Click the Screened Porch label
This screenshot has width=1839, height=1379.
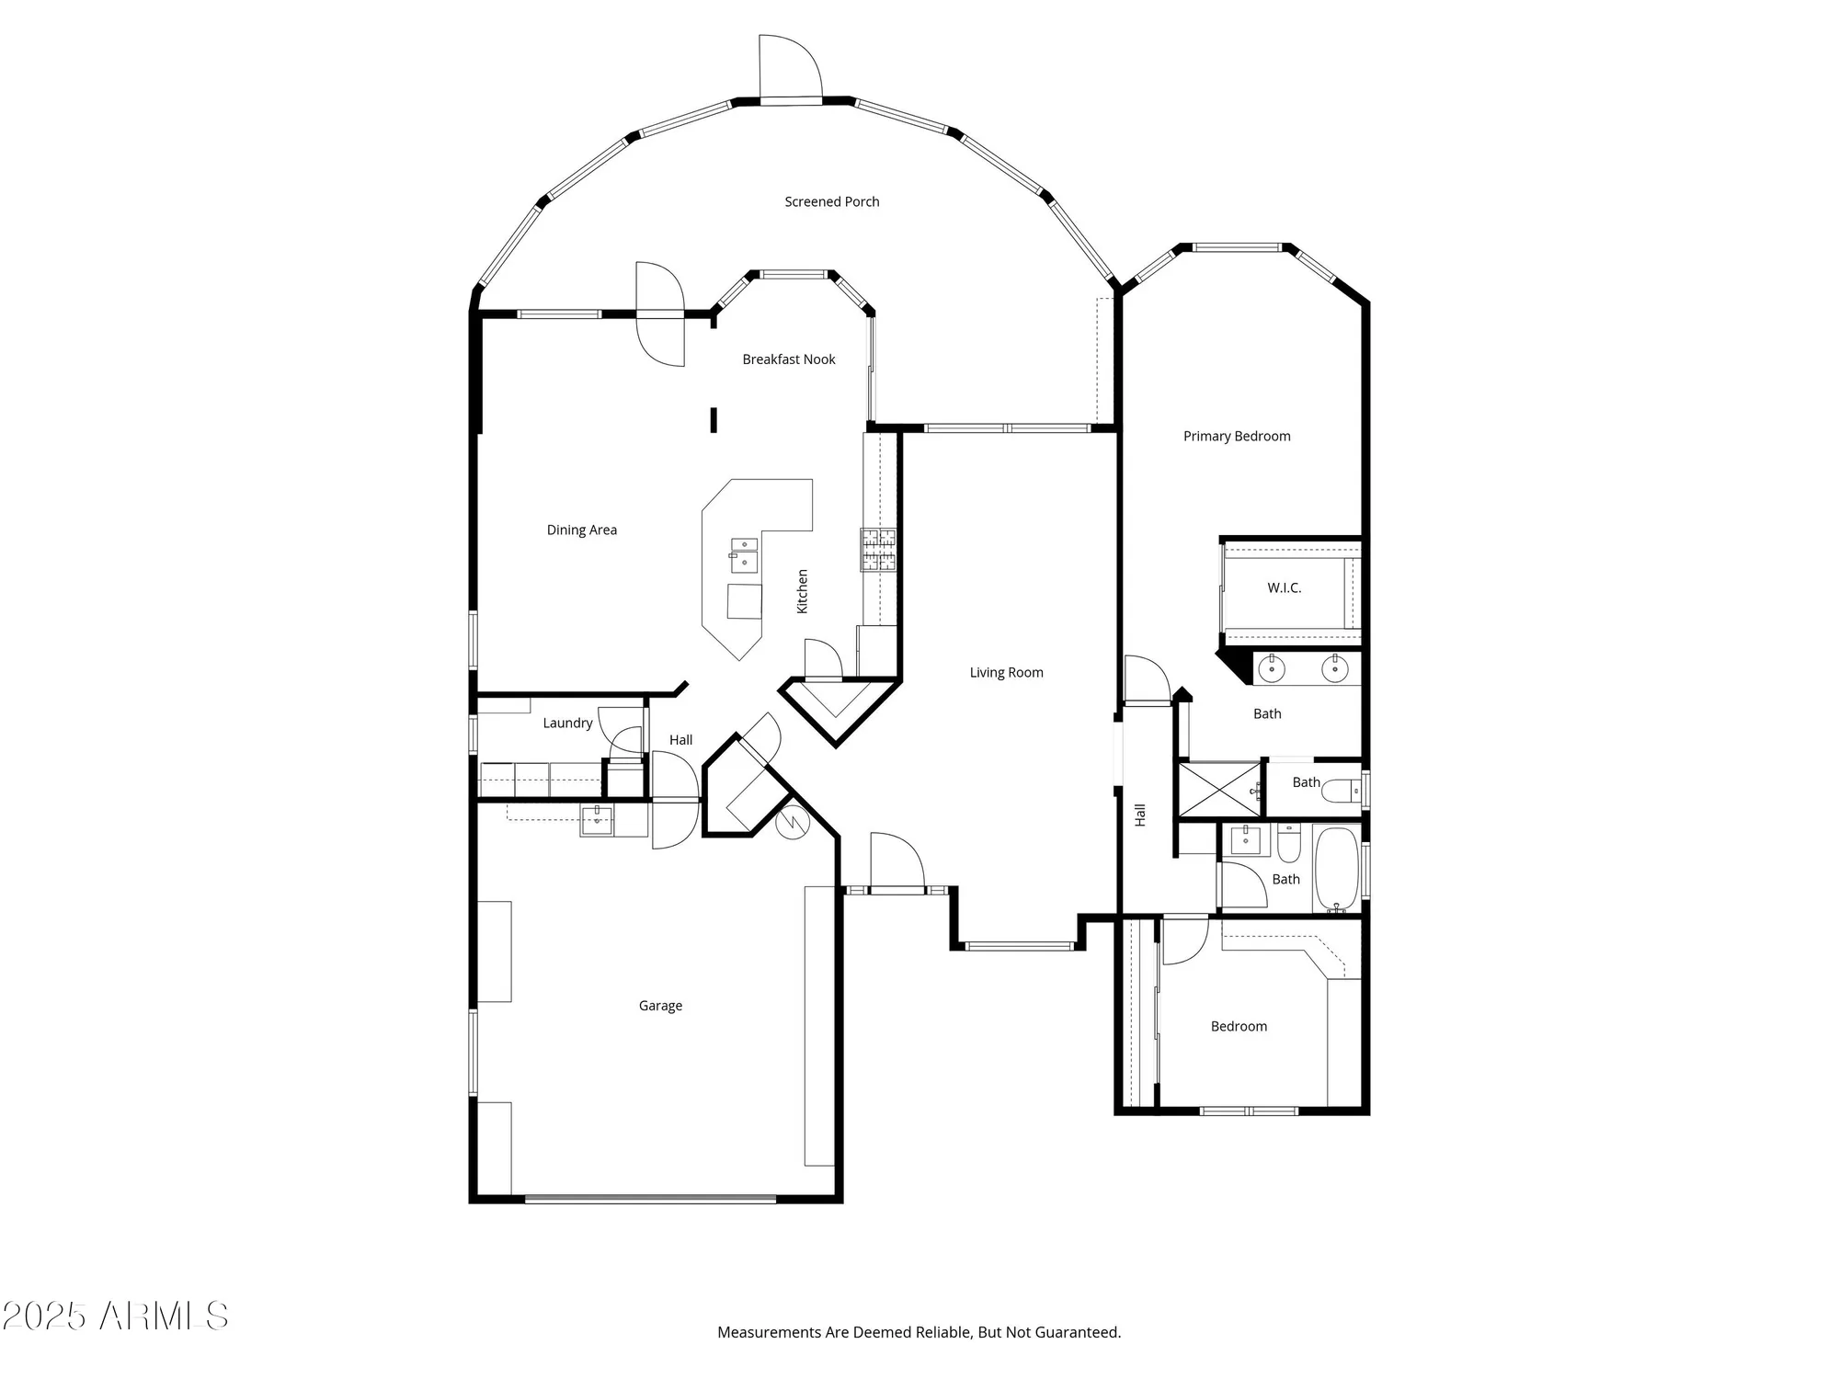(x=831, y=201)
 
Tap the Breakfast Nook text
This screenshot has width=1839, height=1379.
(x=788, y=359)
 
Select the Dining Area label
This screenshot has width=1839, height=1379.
(x=581, y=530)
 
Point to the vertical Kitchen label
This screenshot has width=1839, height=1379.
(x=802, y=591)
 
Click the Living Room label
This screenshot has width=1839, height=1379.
(x=1006, y=672)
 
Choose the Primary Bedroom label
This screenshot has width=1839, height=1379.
(x=1236, y=436)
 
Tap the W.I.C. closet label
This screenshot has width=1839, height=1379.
(x=1284, y=587)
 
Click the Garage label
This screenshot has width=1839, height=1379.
(x=660, y=1006)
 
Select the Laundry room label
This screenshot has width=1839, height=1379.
(x=567, y=723)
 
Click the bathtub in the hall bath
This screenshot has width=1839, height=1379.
(x=1337, y=869)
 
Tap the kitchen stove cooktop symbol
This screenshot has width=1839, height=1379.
(x=878, y=550)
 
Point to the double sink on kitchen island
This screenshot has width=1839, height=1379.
(x=744, y=555)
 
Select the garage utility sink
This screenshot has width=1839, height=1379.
(x=596, y=819)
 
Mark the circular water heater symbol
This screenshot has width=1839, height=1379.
(x=792, y=822)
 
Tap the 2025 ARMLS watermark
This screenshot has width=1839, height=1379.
(x=115, y=1316)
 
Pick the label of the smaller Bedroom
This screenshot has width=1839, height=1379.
(x=1238, y=1026)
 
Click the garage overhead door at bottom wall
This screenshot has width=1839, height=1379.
(x=650, y=1199)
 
